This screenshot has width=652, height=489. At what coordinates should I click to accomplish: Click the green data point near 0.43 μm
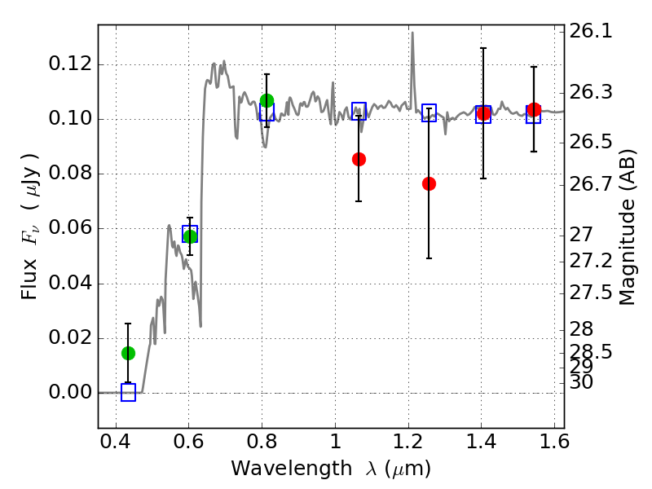128,353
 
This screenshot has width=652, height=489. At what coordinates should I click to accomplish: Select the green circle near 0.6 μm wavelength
190,236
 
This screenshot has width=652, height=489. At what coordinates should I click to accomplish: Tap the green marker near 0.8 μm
267,100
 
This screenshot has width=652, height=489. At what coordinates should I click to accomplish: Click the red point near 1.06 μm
359,159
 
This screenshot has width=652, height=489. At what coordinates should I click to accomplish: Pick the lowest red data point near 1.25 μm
429,184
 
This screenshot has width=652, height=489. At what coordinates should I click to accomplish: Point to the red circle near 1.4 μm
483,113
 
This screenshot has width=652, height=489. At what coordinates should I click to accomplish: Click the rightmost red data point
534,110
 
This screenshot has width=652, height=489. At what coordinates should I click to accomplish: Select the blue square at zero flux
128,393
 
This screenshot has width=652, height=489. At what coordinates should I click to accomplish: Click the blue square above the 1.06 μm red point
359,111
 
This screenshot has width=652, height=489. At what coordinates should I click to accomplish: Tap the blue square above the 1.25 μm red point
429,112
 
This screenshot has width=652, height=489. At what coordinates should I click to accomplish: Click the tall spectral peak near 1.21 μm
412,33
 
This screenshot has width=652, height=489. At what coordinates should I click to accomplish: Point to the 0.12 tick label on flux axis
70,64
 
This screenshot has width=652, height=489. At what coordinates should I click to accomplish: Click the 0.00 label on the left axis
70,392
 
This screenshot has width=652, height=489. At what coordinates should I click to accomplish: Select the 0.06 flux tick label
70,228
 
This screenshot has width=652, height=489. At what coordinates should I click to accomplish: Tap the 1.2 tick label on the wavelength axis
408,442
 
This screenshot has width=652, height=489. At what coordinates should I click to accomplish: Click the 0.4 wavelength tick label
116,442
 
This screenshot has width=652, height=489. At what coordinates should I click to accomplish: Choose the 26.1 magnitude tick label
591,31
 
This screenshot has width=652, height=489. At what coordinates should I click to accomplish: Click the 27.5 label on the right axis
591,293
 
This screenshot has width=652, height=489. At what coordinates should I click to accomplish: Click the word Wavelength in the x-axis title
292,469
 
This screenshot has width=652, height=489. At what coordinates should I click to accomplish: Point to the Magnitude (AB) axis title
627,228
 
